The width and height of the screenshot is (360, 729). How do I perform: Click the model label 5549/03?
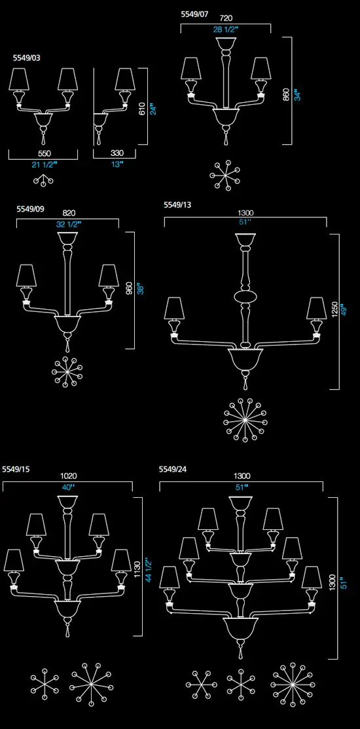pos(26,58)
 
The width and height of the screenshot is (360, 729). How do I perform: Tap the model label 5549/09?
pos(31,209)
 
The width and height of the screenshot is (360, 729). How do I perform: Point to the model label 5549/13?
pos(177,204)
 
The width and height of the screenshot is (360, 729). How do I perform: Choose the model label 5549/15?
pos(16,469)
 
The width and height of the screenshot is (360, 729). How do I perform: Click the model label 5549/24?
pos(173,469)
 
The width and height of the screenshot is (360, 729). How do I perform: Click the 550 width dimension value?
pos(44,154)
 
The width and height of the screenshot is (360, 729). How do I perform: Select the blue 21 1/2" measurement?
pos(44,164)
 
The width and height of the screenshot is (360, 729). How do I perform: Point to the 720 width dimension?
pos(226,18)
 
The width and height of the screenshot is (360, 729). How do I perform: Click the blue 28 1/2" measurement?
pos(226,29)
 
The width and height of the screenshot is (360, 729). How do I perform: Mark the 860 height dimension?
pos(286,94)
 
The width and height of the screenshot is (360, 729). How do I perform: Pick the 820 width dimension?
pos(69,213)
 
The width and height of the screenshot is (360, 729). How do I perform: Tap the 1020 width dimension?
pos(69,476)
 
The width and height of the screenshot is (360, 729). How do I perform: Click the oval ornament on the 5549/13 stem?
pos(245,296)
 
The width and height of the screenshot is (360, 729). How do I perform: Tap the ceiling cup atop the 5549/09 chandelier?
pos(68,240)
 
